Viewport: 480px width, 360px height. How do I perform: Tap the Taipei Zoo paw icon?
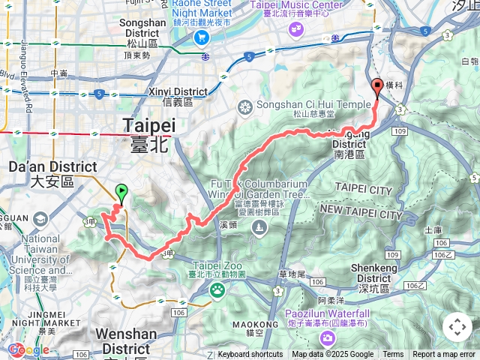coord(217,289)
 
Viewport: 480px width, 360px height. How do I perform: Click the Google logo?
coord(28,349)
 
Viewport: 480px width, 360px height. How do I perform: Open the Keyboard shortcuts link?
coord(250,355)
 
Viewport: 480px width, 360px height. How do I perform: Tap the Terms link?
coord(393,355)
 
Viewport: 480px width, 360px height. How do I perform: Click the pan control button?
coord(457,327)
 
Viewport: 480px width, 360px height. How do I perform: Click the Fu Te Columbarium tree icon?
coord(259,228)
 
